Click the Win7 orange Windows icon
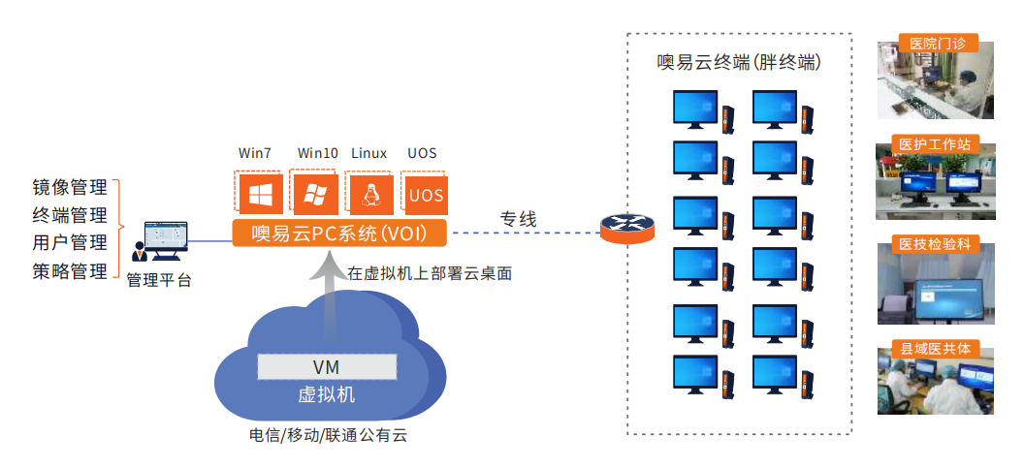click(259, 194)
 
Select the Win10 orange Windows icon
click(314, 194)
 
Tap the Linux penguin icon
click(369, 195)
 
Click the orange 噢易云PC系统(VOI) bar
click(340, 234)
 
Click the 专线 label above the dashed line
click(518, 219)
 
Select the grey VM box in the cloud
click(327, 367)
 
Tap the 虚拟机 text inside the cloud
click(327, 394)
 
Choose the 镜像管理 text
click(70, 186)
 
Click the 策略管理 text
click(70, 271)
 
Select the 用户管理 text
click(70, 243)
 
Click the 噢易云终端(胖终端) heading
click(739, 62)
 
